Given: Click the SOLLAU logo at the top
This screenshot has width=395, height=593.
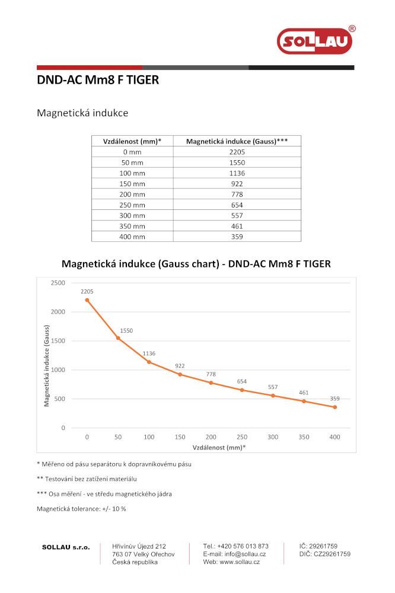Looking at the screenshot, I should [x=315, y=41].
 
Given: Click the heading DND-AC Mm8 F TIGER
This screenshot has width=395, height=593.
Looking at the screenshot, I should [x=98, y=80].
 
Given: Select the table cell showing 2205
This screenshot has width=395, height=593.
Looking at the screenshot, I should [x=237, y=152].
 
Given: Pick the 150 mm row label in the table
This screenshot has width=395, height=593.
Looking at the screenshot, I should [x=132, y=184].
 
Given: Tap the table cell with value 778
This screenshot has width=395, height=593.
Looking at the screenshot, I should [x=237, y=195].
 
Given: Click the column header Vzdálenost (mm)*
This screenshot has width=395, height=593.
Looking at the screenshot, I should [x=132, y=141].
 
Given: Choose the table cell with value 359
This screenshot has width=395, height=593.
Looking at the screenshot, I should [x=237, y=237].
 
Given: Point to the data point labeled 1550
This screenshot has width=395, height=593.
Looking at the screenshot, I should [x=118, y=338].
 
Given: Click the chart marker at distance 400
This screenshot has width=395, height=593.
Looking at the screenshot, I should [x=335, y=407].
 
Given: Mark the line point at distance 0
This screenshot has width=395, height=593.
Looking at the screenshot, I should [x=87, y=300].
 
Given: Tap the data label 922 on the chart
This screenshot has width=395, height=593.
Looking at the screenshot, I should [x=180, y=366].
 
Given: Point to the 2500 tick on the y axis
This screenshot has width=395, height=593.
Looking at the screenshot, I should [x=58, y=283].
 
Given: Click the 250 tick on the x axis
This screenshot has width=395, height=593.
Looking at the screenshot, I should [x=242, y=437].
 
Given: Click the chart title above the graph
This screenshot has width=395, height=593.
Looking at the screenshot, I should [x=196, y=263].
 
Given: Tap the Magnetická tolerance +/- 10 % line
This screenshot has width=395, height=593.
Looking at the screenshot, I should [x=81, y=509].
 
